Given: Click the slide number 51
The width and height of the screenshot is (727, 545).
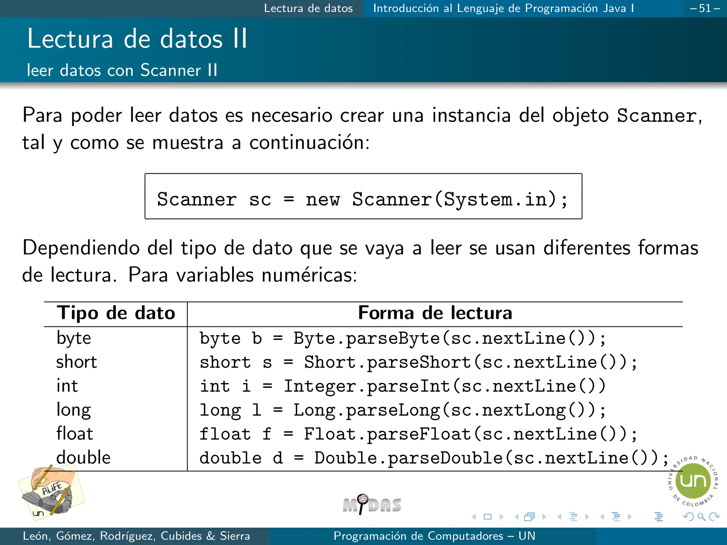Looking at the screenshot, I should [705, 8].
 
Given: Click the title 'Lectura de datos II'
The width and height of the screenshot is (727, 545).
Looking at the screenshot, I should [137, 39].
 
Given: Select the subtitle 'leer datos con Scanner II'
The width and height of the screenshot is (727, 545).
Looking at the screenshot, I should [122, 70].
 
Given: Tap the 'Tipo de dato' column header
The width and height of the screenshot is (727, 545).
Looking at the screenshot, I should [116, 313].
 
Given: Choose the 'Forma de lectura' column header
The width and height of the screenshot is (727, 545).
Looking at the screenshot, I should [435, 313].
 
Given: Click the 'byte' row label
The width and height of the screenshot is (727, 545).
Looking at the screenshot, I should [74, 338].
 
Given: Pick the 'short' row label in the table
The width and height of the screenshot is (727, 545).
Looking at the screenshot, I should [77, 362].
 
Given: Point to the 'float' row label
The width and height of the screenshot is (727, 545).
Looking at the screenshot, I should [75, 434].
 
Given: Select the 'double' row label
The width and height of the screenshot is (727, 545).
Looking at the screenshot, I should [83, 457].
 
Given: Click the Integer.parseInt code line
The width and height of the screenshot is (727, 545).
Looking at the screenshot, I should [403, 386].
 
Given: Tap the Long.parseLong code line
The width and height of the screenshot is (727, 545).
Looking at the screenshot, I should [403, 410].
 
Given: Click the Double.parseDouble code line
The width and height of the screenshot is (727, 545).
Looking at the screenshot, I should [434, 458].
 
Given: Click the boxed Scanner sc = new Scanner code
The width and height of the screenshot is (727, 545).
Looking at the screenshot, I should [363, 199].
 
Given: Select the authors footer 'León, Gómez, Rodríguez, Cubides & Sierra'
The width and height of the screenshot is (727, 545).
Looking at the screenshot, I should [136, 536].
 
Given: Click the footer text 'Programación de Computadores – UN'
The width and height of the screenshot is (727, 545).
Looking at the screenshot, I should [434, 536].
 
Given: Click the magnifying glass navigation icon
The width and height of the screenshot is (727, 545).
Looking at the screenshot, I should [701, 517].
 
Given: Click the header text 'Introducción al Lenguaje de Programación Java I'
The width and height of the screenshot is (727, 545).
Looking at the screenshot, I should [503, 8].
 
